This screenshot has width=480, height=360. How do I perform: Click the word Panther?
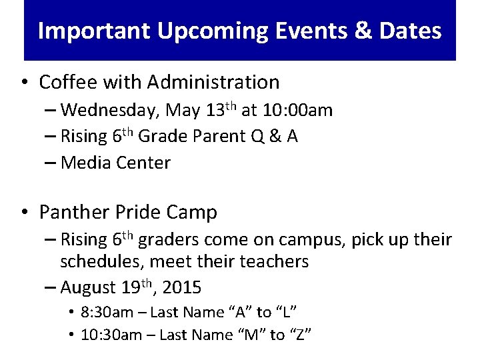coord(69,213)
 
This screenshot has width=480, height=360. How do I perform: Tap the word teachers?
coord(275,261)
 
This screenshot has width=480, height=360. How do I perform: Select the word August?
coord(88,288)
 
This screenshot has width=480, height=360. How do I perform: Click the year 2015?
coord(181,288)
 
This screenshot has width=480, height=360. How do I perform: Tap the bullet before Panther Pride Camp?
coord(25,213)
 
